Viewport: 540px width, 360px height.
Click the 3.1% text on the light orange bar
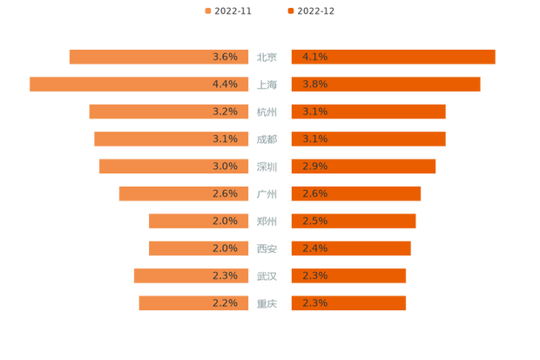225,139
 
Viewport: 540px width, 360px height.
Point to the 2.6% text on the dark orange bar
314,194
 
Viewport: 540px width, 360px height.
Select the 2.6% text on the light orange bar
225,194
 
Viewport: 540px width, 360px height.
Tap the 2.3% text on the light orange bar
225,275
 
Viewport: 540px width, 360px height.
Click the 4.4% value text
225,84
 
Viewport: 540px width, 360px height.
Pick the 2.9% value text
314,166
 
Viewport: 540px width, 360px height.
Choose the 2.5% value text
314,221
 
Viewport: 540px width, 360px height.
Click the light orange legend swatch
207,11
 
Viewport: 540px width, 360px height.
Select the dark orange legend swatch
289,11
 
